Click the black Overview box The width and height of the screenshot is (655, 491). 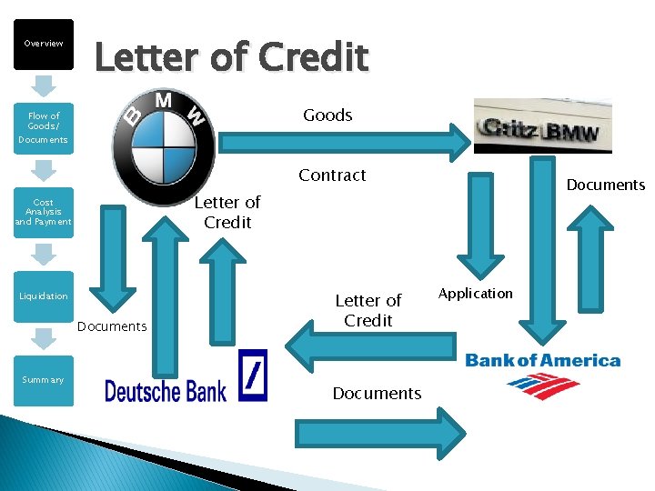pyautogui.click(x=43, y=44)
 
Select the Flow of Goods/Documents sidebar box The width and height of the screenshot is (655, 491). pyautogui.click(x=43, y=127)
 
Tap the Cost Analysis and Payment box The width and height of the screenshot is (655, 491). pyautogui.click(x=43, y=212)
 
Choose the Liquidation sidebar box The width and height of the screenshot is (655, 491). pyautogui.click(x=43, y=296)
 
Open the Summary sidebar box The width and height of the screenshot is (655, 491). pyautogui.click(x=43, y=379)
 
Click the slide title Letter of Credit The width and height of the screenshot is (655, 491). pyautogui.click(x=232, y=58)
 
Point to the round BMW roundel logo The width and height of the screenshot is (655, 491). pyautogui.click(x=164, y=136)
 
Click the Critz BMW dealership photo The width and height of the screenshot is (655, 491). pyautogui.click(x=543, y=125)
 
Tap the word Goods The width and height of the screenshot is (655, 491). pyautogui.click(x=327, y=115)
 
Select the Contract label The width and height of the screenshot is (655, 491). pyautogui.click(x=332, y=175)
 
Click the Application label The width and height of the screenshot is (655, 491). pyautogui.click(x=476, y=293)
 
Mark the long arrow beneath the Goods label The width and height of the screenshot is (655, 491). pyautogui.click(x=346, y=142)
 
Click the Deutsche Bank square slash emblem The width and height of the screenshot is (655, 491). pyautogui.click(x=253, y=376)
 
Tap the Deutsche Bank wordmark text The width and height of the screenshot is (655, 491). pyautogui.click(x=166, y=391)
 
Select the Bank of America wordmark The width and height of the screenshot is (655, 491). pyautogui.click(x=543, y=360)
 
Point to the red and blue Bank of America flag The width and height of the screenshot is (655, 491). pyautogui.click(x=543, y=386)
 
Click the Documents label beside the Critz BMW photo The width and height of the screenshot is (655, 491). pyautogui.click(x=605, y=185)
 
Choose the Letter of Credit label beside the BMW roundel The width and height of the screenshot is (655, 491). pyautogui.click(x=227, y=212)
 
